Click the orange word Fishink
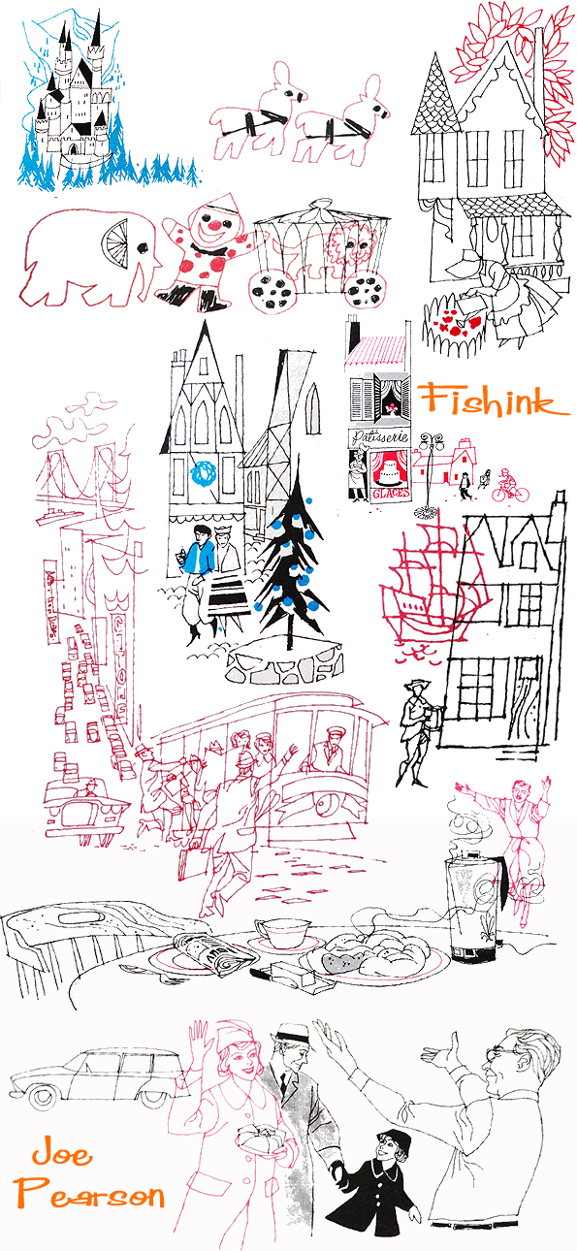[494, 400]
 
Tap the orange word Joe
[61, 1155]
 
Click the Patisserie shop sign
[377, 436]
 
